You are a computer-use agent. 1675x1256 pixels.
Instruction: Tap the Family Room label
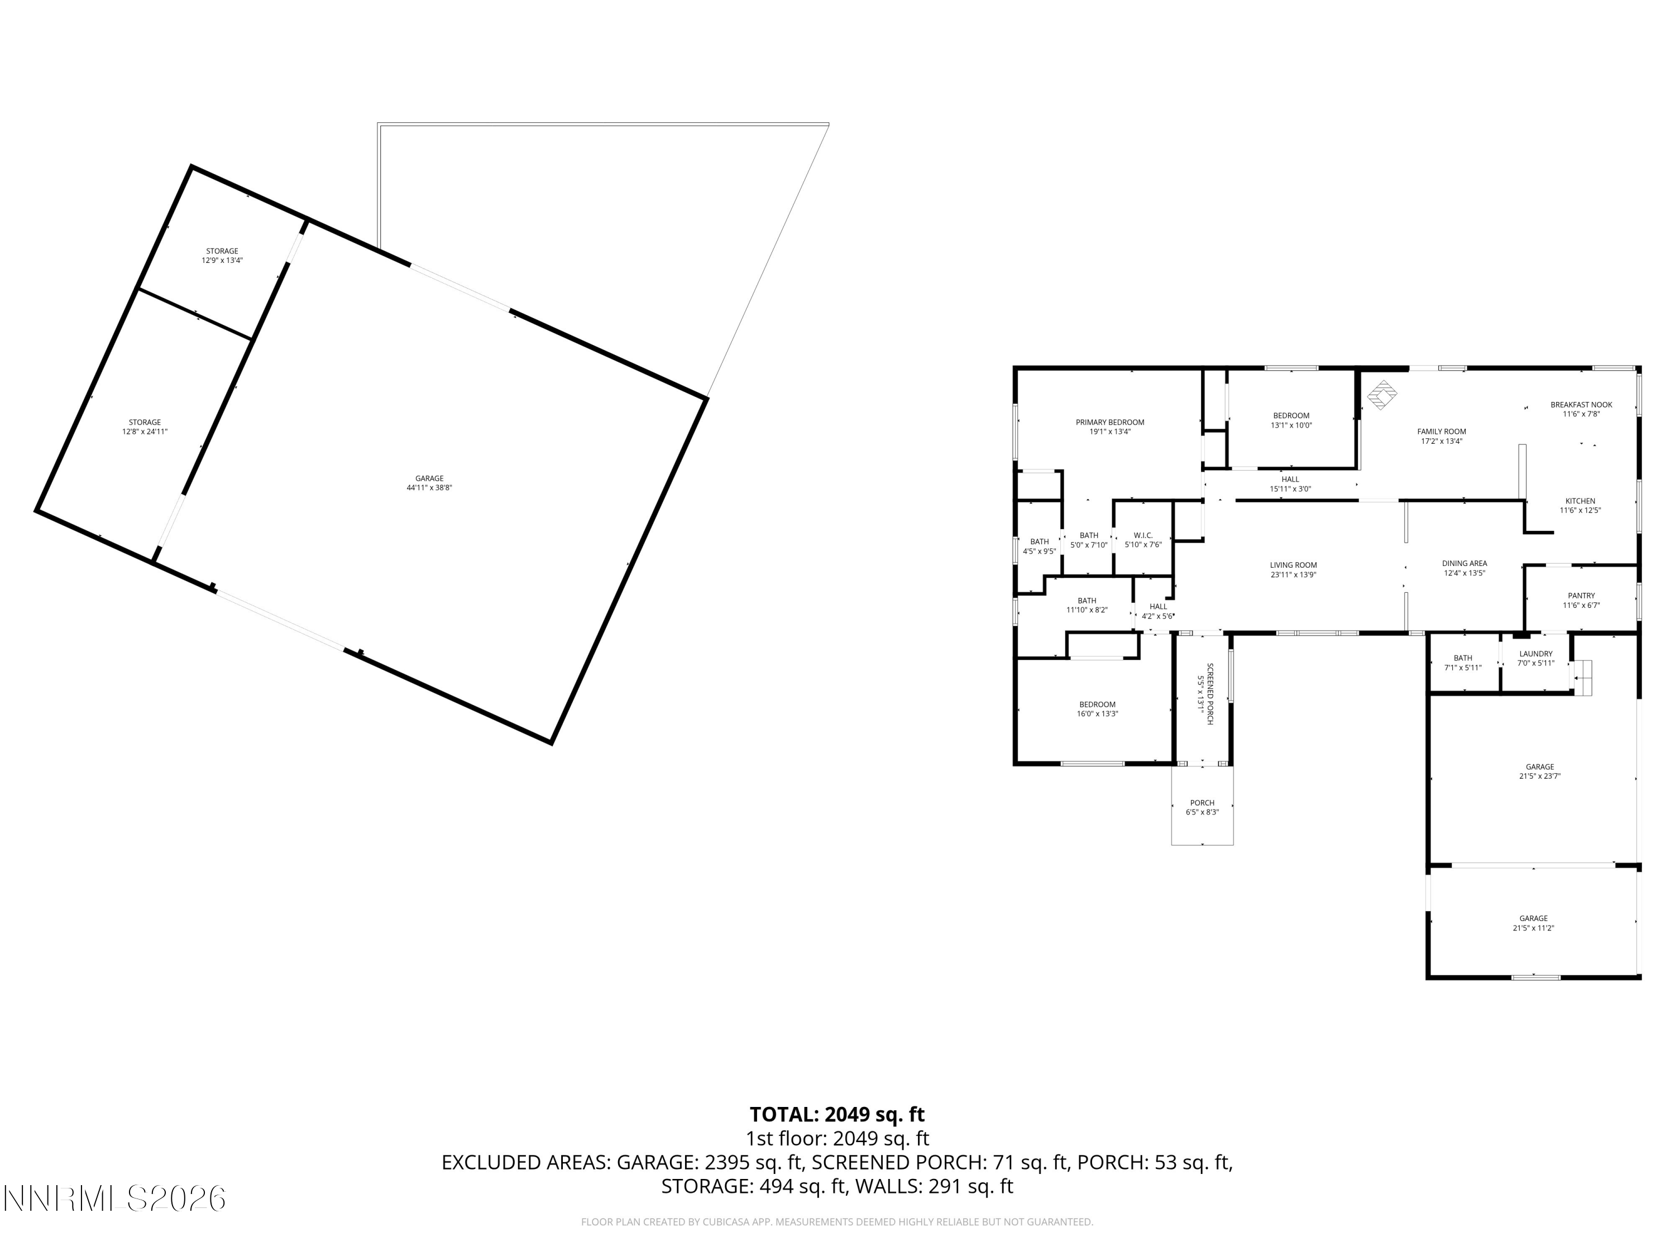[1441, 432]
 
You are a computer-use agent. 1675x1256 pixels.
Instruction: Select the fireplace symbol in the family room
[1382, 395]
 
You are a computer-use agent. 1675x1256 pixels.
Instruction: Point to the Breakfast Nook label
[1581, 404]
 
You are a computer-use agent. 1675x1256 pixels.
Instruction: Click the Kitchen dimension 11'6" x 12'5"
[1580, 510]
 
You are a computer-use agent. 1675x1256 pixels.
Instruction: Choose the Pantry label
[1581, 596]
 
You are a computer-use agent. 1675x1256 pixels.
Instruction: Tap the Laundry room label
[1535, 653]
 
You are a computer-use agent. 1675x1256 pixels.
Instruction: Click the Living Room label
[1293, 565]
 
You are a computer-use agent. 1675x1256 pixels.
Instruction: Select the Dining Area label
[1464, 563]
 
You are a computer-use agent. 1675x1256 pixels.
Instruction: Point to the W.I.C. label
[1143, 535]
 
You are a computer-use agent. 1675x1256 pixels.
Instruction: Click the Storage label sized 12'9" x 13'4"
[222, 251]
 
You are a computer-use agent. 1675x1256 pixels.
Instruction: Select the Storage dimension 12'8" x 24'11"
[145, 432]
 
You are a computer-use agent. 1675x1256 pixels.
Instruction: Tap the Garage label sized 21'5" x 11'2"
[1533, 918]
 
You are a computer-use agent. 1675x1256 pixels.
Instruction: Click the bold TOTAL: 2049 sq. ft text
[837, 1114]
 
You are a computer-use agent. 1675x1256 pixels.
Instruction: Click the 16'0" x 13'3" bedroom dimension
[1097, 714]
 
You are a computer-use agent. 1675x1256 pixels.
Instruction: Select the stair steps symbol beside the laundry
[1583, 678]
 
